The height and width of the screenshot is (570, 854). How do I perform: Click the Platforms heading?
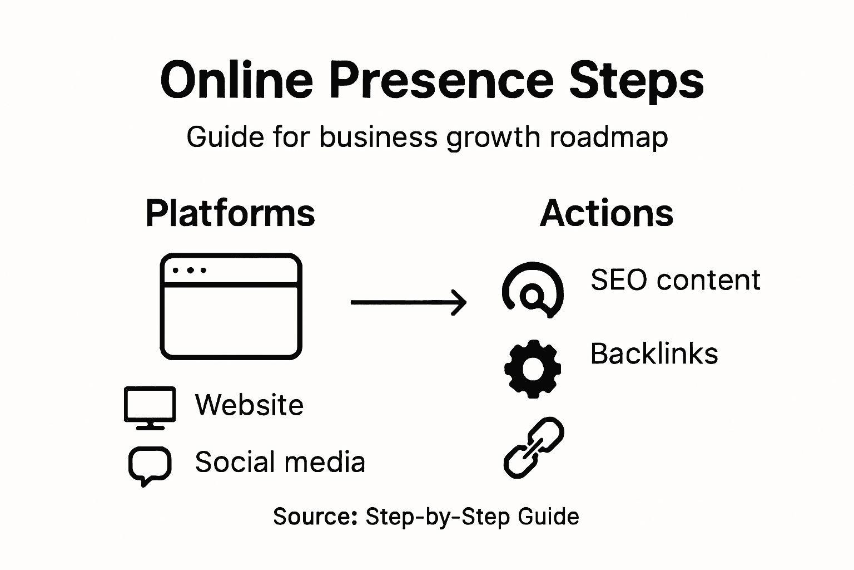pos(230,213)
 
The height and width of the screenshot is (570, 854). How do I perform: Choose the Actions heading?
pos(607,213)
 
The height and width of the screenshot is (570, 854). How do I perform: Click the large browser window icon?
pos(231,307)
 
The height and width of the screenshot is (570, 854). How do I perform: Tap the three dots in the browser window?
pos(189,271)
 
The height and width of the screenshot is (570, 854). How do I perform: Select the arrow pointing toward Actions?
pos(409,302)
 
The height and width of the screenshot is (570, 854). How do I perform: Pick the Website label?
pos(249,405)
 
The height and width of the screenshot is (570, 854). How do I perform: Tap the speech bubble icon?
pos(150,465)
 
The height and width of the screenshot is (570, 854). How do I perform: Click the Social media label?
pos(280,462)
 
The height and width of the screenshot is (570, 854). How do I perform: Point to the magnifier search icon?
pos(533,290)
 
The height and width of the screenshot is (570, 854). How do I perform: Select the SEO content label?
pos(675,279)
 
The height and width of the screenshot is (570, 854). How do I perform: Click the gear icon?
pos(533,368)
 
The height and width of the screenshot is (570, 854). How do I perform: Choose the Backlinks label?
pos(654,353)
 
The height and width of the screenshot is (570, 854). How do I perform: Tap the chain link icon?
pos(534,448)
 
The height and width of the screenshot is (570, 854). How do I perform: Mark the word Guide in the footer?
pos(548,517)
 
